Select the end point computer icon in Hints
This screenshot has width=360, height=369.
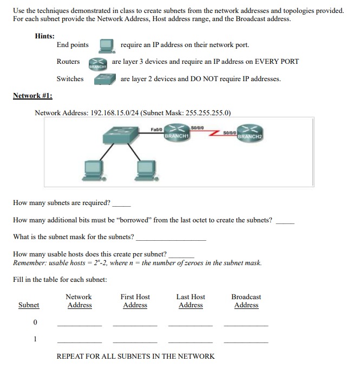click(x=107, y=45)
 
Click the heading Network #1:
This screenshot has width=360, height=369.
click(x=36, y=96)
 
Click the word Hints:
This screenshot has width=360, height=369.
click(x=44, y=36)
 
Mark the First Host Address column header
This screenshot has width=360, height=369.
click(x=135, y=301)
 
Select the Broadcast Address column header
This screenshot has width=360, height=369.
click(x=246, y=301)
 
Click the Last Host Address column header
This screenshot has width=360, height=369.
click(x=191, y=301)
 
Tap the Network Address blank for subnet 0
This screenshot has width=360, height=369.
click(x=79, y=324)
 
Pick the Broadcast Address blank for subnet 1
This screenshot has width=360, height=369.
click(x=246, y=341)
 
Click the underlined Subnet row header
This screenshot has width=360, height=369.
click(x=29, y=305)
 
